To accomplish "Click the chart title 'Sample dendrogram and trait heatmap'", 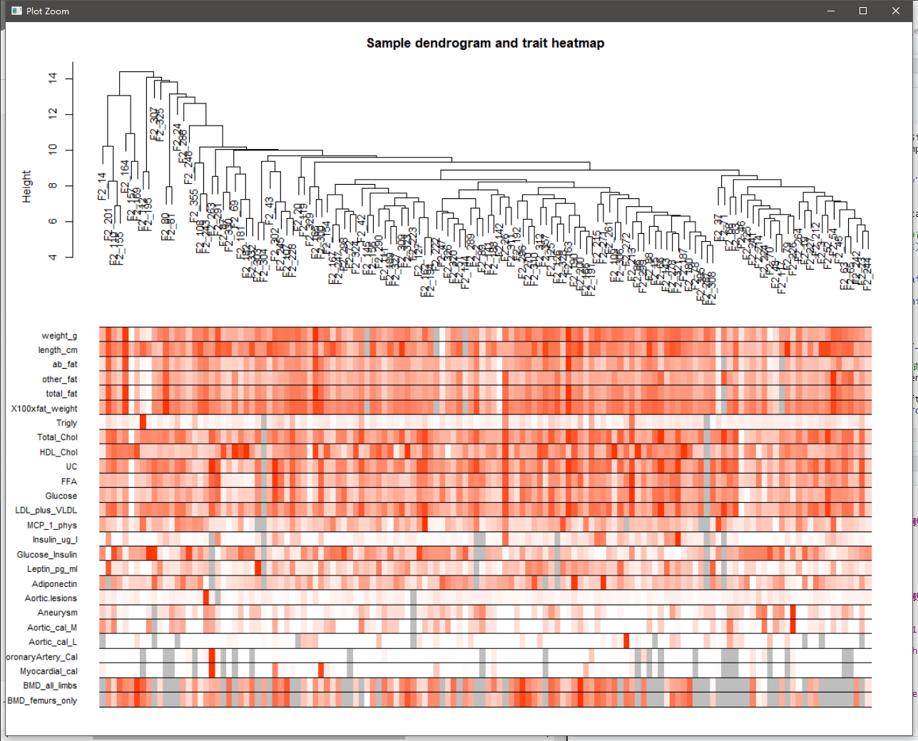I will [485, 44].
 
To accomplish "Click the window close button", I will [896, 11].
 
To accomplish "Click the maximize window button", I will [863, 11].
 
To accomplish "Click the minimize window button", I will [830, 11].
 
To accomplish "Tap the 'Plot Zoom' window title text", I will [48, 11].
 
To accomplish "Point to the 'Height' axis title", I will [27, 186].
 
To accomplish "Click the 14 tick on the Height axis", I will [53, 78].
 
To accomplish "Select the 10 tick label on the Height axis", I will [53, 150].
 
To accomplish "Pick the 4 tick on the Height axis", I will [53, 257].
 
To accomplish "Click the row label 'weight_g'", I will [59, 336].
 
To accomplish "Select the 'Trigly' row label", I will [66, 423].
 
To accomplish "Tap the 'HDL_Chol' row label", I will [58, 452].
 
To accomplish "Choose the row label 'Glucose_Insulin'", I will [47, 554].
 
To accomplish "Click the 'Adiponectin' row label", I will [54, 583].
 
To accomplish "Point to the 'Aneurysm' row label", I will [57, 613].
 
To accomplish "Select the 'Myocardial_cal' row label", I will [49, 671].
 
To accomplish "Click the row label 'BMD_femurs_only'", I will [42, 700].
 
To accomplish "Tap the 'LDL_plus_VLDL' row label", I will [46, 511].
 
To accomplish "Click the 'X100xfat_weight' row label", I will [44, 409].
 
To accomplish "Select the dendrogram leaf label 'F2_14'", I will [102, 186].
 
